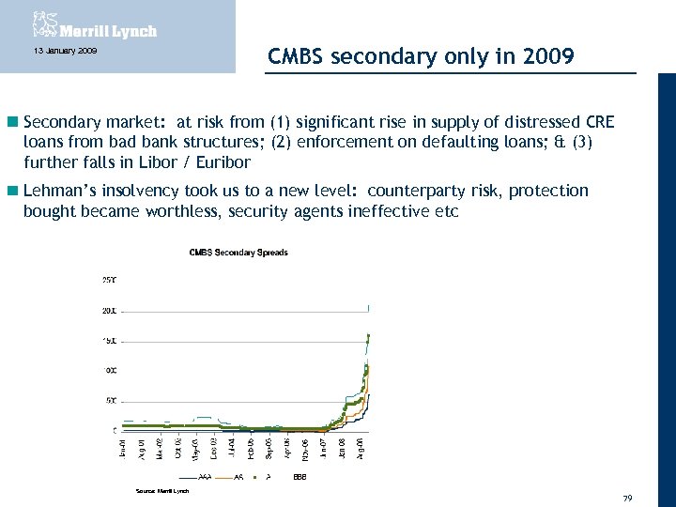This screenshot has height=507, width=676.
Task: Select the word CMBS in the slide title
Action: [x=297, y=56]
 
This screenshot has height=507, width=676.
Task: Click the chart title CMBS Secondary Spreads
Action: [x=238, y=253]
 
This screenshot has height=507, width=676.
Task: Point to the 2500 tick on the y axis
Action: [x=109, y=279]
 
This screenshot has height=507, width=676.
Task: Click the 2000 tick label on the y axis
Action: [x=109, y=310]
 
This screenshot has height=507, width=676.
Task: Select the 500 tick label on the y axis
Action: [x=110, y=401]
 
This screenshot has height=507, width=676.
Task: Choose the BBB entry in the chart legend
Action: [x=299, y=477]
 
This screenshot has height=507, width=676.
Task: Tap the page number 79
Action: [x=627, y=497]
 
